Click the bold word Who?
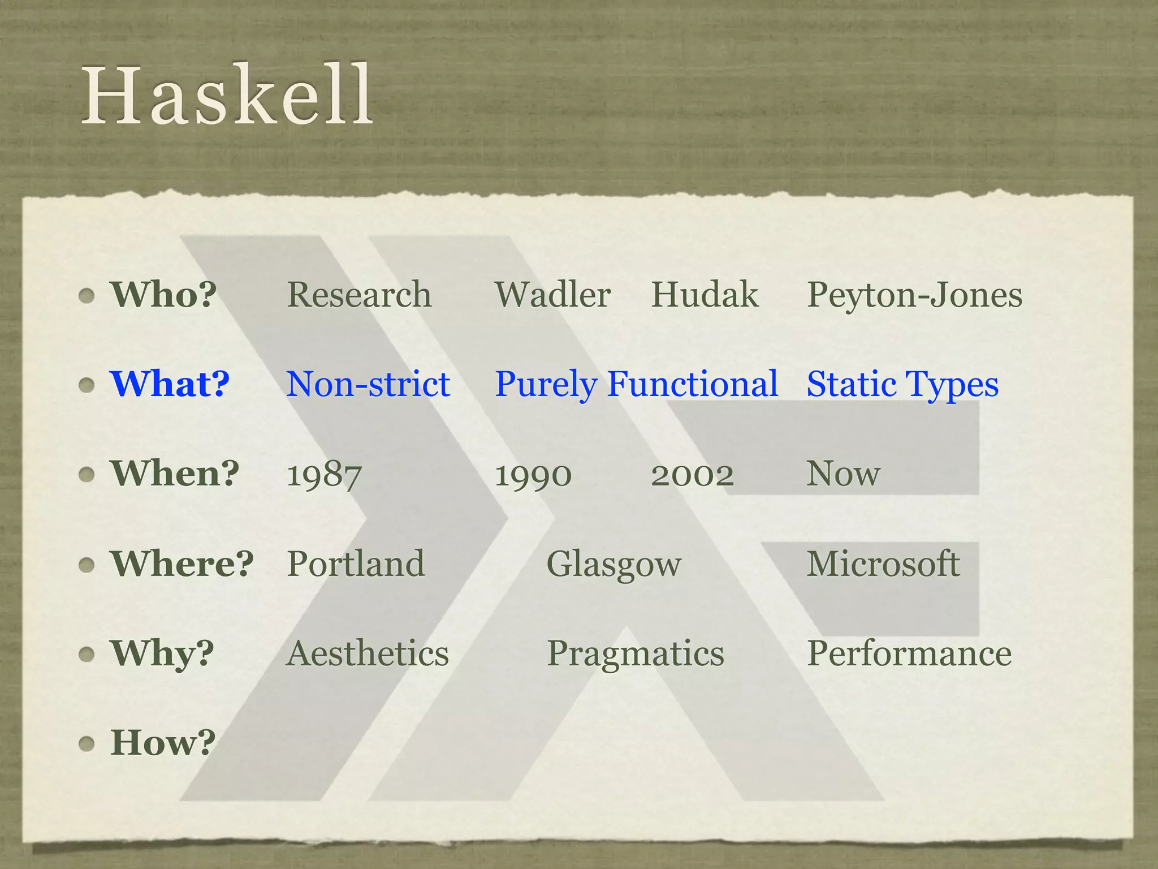(x=163, y=295)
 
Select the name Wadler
(x=552, y=295)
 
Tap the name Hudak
(x=705, y=295)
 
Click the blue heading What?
(x=170, y=384)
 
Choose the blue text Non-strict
(x=368, y=384)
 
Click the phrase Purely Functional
(x=636, y=385)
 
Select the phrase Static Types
(x=902, y=385)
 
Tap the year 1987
(x=324, y=475)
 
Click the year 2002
(x=692, y=475)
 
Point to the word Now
(x=843, y=474)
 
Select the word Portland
(x=356, y=563)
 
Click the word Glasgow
(x=613, y=565)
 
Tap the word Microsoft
(x=883, y=563)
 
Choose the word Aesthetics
(x=368, y=653)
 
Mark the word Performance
(x=909, y=653)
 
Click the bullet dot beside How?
(x=87, y=743)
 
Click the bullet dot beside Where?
(x=87, y=565)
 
